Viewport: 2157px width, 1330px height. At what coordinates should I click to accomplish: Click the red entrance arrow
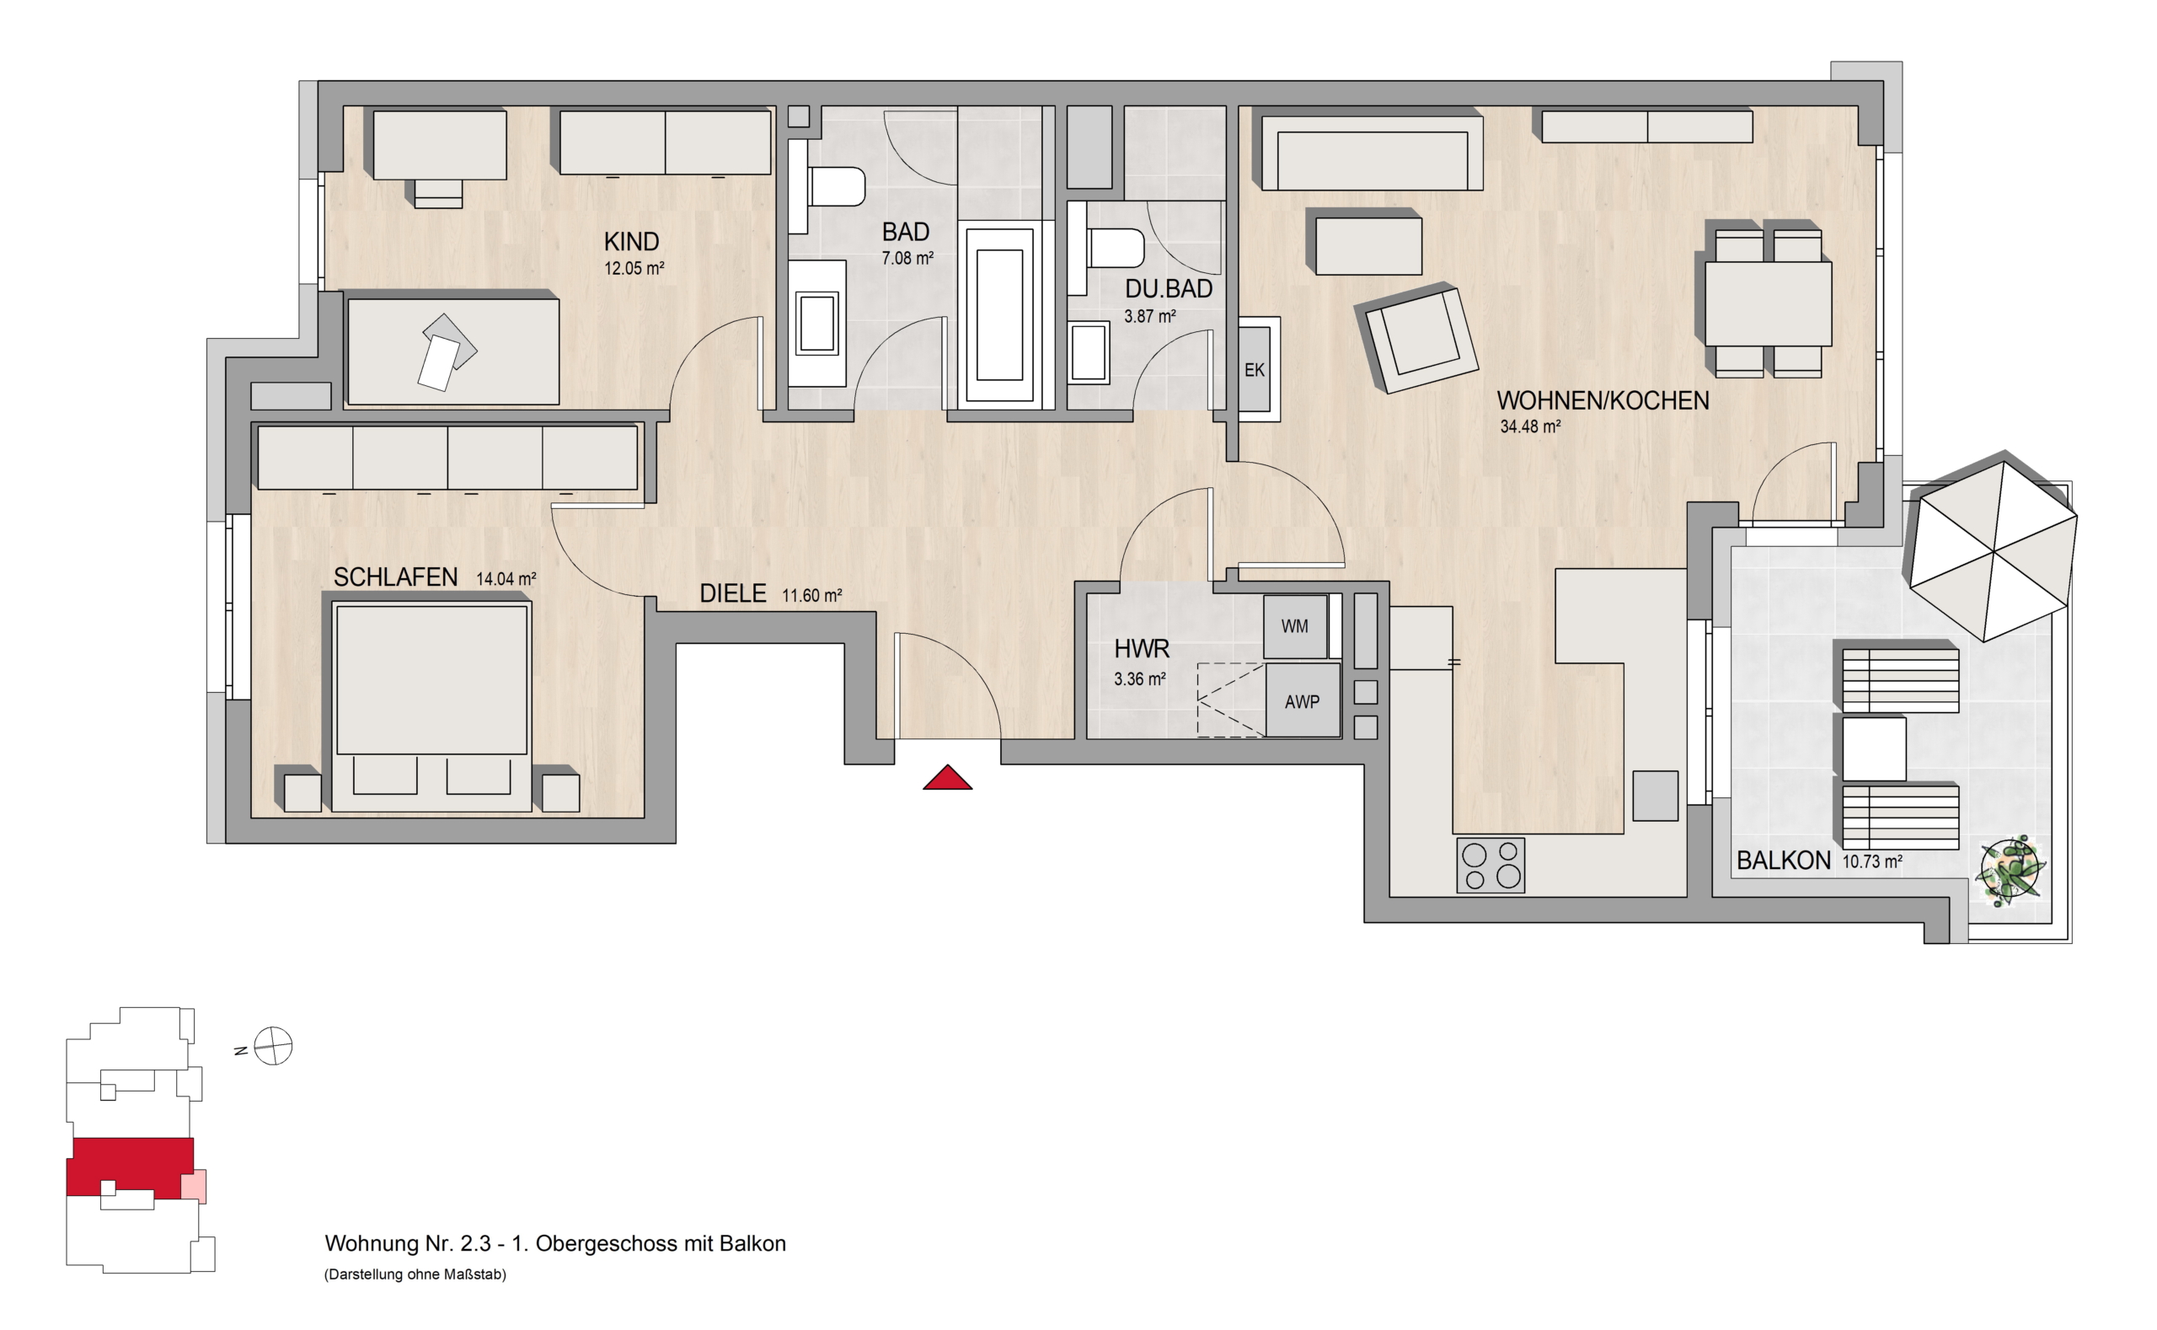click(947, 779)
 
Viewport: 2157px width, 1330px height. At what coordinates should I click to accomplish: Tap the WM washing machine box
click(1295, 626)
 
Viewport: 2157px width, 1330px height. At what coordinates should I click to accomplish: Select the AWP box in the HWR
click(1303, 700)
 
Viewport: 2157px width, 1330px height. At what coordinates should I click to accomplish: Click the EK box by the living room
click(1255, 369)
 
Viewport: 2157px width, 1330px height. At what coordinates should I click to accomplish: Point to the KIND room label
click(631, 241)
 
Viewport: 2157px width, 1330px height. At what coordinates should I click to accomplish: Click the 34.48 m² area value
click(1530, 426)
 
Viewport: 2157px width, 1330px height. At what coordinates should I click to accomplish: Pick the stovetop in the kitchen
click(1491, 866)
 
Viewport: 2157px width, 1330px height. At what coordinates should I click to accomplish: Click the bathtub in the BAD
click(1000, 315)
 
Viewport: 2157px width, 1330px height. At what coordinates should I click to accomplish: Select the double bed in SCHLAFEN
click(432, 705)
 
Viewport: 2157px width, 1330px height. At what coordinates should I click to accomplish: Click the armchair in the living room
click(1416, 338)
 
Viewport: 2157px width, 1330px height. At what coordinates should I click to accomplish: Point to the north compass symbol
click(273, 1047)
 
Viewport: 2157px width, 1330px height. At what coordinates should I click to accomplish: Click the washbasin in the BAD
click(817, 323)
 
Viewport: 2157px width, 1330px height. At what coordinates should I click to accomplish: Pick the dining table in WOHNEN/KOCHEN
click(1769, 303)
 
